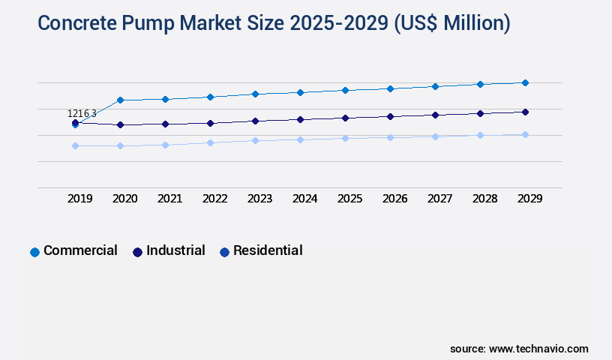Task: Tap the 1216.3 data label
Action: point(82,113)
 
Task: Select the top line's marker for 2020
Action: point(120,100)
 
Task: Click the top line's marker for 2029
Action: point(525,82)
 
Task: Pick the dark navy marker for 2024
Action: point(300,119)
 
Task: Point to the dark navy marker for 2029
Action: point(525,112)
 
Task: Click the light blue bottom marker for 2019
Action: point(75,145)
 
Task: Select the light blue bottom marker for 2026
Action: point(390,137)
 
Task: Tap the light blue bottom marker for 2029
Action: point(525,134)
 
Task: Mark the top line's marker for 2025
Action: point(345,90)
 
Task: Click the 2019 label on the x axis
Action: point(80,199)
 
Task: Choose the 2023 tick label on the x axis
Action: point(260,199)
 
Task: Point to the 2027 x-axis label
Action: point(440,199)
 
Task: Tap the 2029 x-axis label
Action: point(530,199)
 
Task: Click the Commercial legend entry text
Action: point(80,250)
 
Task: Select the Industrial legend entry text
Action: point(175,250)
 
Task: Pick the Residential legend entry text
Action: point(268,250)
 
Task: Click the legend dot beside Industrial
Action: point(137,252)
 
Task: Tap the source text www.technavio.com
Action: point(538,349)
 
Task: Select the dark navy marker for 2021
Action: point(165,124)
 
